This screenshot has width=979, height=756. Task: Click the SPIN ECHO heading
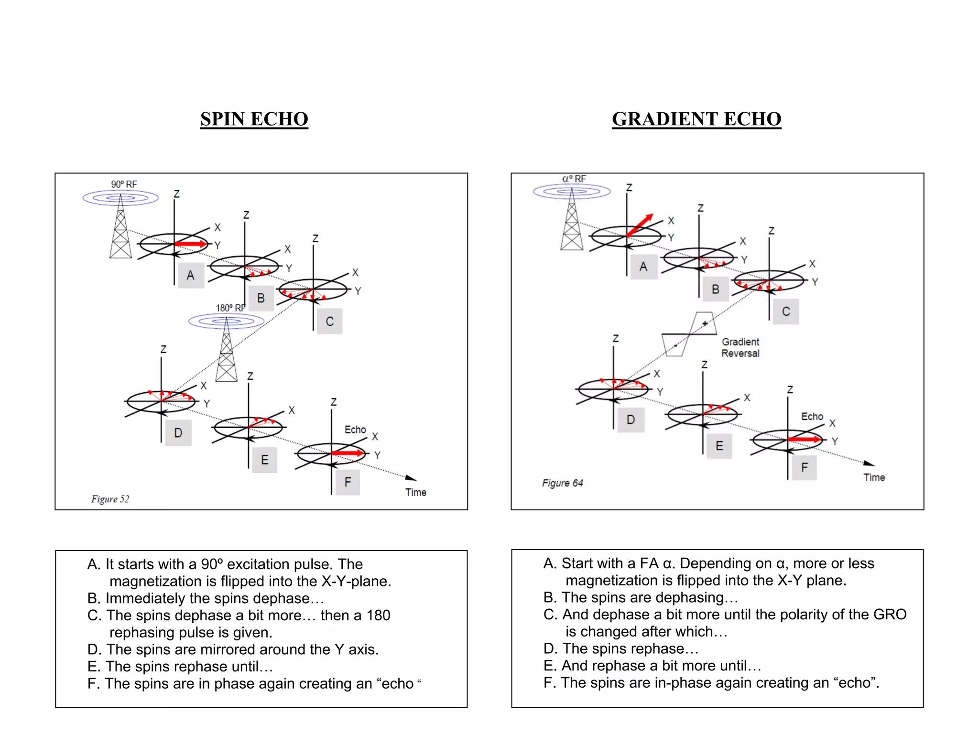point(254,119)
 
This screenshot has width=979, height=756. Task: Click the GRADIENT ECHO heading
point(696,119)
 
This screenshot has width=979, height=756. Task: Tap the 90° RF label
point(124,184)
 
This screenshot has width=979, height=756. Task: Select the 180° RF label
point(230,308)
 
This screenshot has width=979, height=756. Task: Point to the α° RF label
point(574,179)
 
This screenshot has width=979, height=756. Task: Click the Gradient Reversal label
point(740,347)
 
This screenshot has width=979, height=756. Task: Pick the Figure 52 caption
point(110,499)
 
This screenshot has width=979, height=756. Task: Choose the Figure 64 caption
point(562,483)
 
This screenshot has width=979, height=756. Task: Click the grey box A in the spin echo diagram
point(191,275)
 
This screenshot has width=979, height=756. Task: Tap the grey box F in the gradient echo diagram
point(804,467)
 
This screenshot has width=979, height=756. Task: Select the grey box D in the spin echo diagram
point(178,433)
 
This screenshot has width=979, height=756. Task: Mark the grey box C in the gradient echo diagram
point(786,312)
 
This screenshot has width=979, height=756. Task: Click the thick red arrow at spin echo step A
point(191,244)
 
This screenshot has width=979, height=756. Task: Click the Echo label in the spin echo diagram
point(355,430)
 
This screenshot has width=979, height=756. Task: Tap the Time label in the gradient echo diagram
point(874,477)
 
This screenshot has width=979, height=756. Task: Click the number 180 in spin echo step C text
point(378,615)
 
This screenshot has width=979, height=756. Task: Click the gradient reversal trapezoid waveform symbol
point(689,334)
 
